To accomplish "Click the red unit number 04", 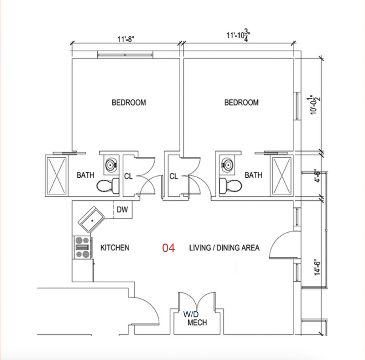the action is point(168,248).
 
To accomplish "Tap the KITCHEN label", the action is point(115,248).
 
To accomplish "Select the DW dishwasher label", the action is point(122,210).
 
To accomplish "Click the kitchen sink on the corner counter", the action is point(91,220).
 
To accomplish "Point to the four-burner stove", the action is point(83,247).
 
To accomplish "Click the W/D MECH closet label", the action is point(195,318).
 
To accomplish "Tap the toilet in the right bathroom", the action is point(231,186).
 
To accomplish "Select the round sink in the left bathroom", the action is point(111,165).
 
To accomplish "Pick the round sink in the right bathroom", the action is point(227,165).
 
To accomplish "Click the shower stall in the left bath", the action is point(57,175).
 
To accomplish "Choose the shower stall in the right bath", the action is point(282,175).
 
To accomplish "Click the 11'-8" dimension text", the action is point(126,39).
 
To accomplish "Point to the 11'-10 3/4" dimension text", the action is point(238,36).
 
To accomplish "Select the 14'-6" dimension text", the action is point(317,267).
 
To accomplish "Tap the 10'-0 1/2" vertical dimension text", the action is point(314,105).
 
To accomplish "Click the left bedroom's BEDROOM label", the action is point(129,103).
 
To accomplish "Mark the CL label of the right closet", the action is point(174,176).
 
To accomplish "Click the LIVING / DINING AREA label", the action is point(224,248).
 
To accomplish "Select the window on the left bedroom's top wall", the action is point(125,55).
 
